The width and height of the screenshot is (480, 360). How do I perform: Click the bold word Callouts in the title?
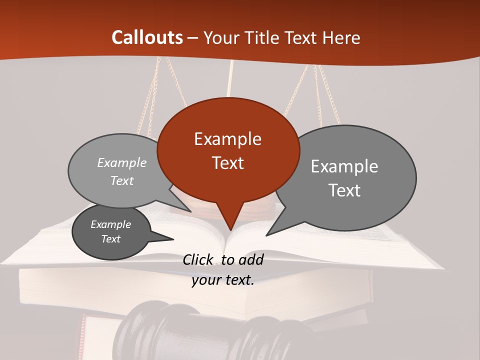pyautogui.click(x=147, y=37)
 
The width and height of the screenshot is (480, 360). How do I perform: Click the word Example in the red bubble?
pyautogui.click(x=228, y=139)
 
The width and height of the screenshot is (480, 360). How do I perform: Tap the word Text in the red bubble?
pyautogui.click(x=228, y=163)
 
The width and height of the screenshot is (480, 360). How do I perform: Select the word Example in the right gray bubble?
pyautogui.click(x=344, y=166)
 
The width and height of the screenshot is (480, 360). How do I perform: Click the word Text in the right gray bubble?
pyautogui.click(x=344, y=190)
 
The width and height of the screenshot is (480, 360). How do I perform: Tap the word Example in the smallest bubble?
pyautogui.click(x=111, y=224)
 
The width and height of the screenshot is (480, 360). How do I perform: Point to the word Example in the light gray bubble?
pyautogui.click(x=122, y=163)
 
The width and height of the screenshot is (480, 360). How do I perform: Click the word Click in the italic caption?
pyautogui.click(x=198, y=259)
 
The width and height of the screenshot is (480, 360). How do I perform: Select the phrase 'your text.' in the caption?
pyautogui.click(x=223, y=280)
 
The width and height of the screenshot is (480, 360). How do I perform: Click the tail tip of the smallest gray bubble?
pyautogui.click(x=173, y=239)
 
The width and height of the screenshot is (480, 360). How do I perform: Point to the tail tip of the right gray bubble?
pyautogui.click(x=266, y=235)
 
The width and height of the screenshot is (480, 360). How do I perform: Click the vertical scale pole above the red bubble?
pyautogui.click(x=230, y=80)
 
